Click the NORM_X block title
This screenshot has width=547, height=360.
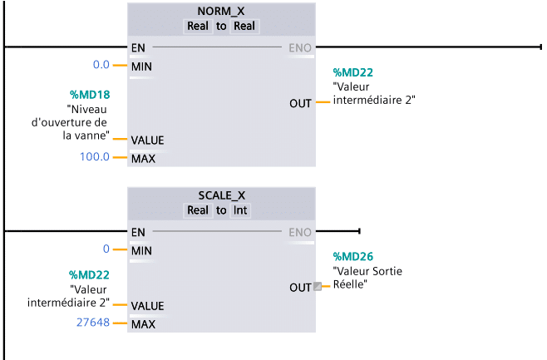tap(221, 12)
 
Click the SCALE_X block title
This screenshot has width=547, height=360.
tap(221, 195)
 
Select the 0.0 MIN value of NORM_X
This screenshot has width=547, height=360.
tap(101, 65)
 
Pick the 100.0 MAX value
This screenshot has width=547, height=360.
tap(95, 156)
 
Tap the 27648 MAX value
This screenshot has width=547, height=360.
tap(93, 323)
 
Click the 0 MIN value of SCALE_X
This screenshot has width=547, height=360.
tap(106, 249)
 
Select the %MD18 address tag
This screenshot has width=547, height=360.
tap(90, 95)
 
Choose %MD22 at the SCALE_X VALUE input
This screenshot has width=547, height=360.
tap(90, 274)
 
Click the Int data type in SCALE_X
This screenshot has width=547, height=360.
tap(239, 210)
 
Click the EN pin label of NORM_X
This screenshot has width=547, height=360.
tap(138, 47)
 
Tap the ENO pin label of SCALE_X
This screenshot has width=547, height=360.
tap(300, 232)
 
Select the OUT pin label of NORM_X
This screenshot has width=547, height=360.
tap(300, 103)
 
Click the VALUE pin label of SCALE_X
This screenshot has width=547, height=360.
tap(147, 306)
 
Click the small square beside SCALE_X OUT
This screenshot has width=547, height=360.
tap(317, 287)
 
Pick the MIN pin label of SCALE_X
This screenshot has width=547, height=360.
tap(141, 249)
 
